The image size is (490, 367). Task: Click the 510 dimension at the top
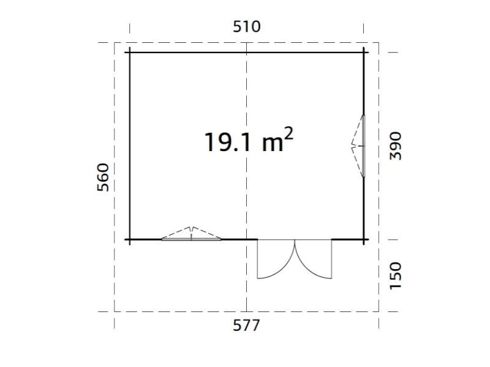click(246, 26)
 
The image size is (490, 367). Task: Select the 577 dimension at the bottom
click(246, 325)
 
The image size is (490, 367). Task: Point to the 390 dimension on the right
click(396, 146)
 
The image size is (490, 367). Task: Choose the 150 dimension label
click(396, 275)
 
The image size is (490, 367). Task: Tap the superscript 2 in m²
click(287, 133)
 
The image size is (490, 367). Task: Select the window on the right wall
click(362, 146)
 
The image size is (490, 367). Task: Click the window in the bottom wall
click(192, 238)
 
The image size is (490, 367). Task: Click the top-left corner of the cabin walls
click(129, 52)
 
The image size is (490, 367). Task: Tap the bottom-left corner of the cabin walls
click(129, 239)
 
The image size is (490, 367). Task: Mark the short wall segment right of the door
click(348, 239)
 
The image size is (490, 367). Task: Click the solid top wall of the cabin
click(184, 52)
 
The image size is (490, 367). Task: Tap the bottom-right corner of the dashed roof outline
click(379, 311)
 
